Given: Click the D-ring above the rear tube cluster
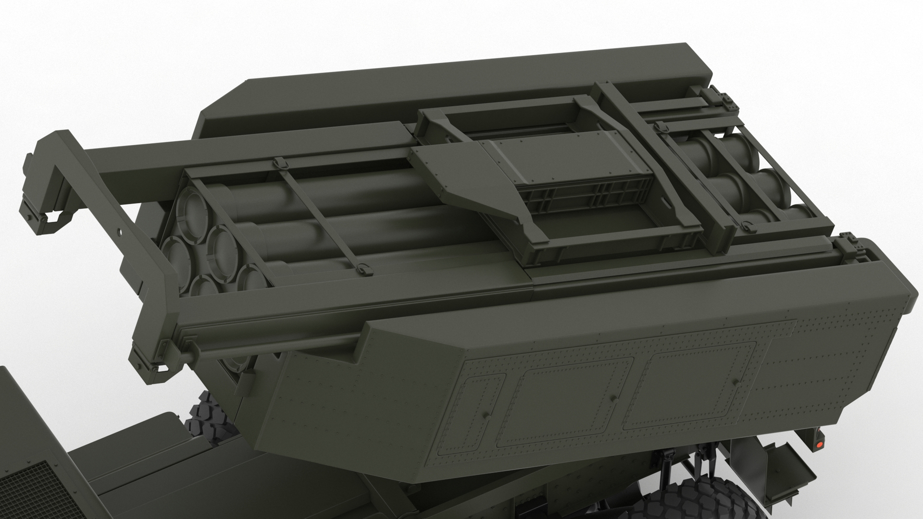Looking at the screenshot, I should coord(659,126).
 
